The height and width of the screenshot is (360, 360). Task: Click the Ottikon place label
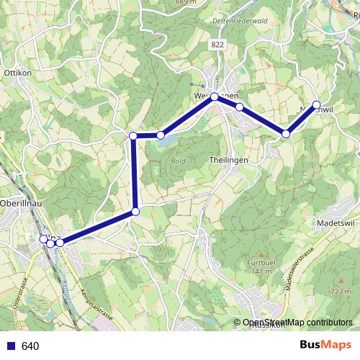17,73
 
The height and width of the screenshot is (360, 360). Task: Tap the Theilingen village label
228,159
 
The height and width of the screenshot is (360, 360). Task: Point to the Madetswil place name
336,224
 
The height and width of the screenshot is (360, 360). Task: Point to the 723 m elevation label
339,291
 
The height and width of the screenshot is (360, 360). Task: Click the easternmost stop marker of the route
317,104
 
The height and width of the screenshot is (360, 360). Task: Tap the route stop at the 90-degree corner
133,135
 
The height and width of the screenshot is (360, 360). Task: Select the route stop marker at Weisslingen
215,96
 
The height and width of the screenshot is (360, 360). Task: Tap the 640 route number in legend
30,346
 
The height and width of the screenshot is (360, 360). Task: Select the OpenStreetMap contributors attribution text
297,323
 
